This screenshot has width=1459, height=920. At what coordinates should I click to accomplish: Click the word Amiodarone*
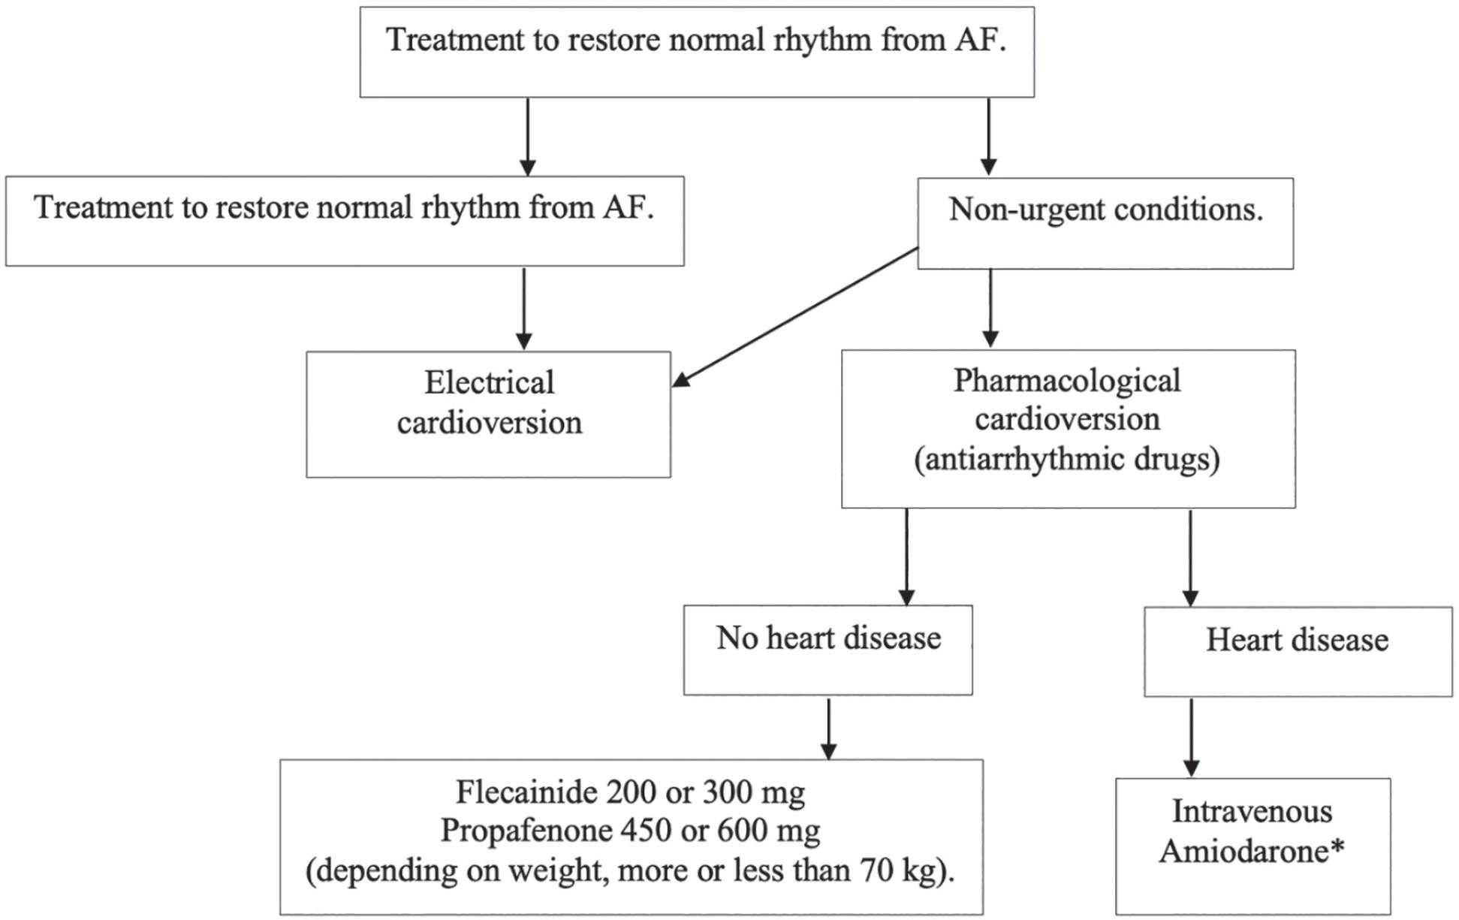[x=1251, y=852]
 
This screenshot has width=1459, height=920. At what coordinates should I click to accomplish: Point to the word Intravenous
[x=1252, y=812]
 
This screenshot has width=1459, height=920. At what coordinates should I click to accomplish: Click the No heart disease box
[x=827, y=650]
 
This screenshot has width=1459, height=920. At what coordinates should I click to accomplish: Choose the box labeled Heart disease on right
[x=1297, y=652]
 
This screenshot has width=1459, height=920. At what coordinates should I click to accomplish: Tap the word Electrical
[x=489, y=383]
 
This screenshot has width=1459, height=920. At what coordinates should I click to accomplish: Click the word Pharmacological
[x=1067, y=381]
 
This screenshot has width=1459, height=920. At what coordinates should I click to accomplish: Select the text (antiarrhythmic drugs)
[x=1067, y=460]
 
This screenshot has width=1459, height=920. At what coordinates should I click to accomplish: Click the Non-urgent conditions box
[x=1105, y=223]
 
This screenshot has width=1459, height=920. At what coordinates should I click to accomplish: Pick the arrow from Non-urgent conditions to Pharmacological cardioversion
[x=990, y=308]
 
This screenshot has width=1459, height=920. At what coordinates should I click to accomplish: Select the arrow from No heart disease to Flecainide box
[x=828, y=728]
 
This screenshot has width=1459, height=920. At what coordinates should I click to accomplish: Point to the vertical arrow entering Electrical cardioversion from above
[x=524, y=308]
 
